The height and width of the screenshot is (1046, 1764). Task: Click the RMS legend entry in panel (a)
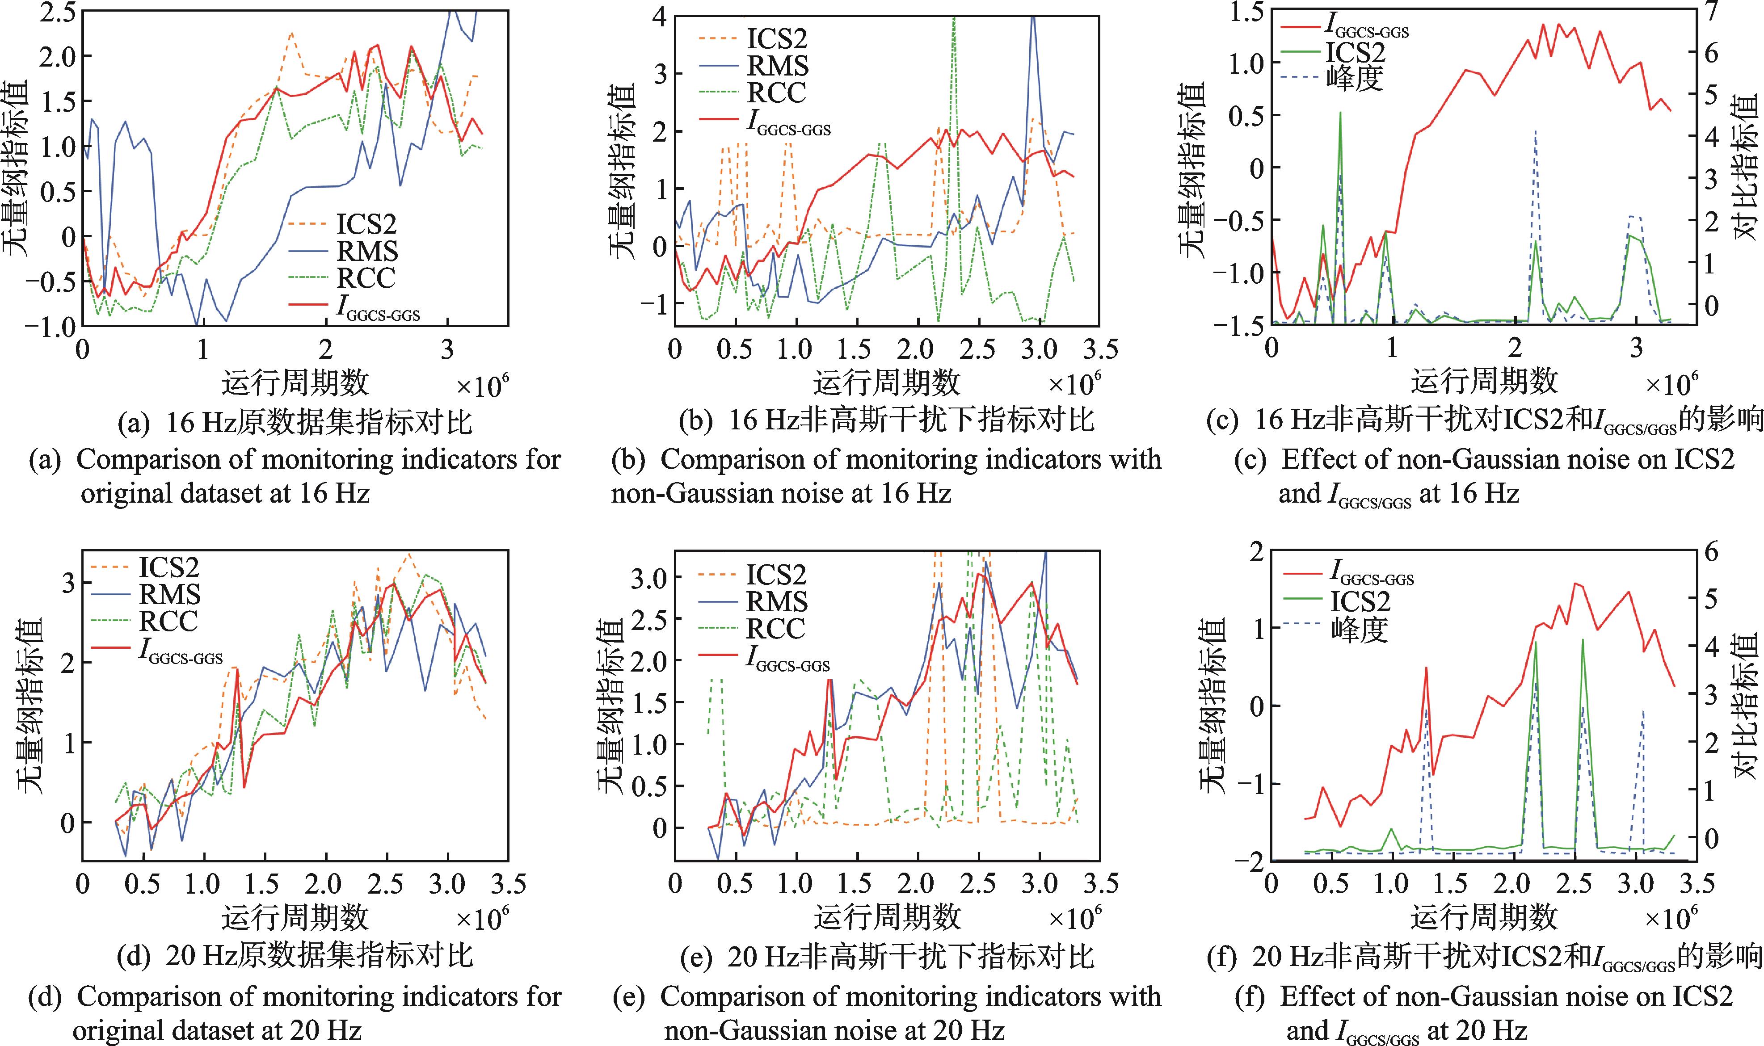pos(366,252)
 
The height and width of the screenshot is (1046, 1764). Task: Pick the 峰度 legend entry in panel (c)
pos(1354,79)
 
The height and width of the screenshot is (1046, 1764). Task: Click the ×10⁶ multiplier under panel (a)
pos(482,386)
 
